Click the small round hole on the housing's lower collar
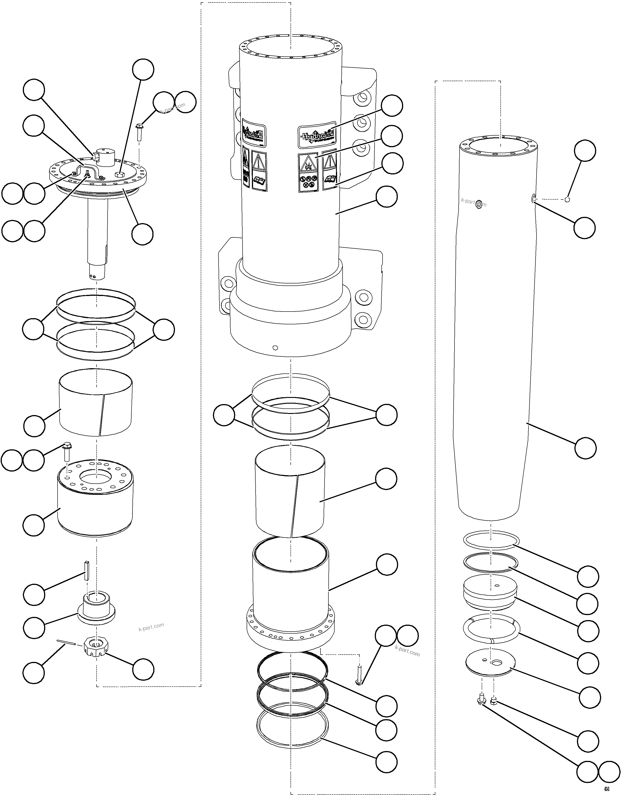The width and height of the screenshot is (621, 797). (x=275, y=348)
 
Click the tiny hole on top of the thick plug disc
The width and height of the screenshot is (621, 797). (x=497, y=586)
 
